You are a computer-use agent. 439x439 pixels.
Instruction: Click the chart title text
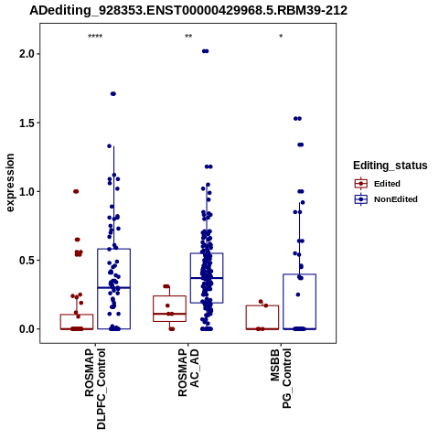(x=188, y=10)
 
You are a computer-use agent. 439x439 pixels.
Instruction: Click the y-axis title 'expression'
(x=10, y=183)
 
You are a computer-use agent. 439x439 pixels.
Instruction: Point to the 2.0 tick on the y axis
(x=26, y=54)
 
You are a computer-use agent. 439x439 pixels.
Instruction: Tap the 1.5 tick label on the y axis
(x=26, y=123)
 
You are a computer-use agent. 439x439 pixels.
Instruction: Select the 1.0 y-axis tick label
(x=26, y=191)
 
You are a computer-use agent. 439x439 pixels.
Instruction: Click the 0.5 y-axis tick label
(x=26, y=261)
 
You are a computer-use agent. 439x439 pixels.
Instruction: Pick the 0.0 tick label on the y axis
(x=26, y=329)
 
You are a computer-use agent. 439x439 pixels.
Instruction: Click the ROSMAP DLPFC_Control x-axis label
(x=95, y=389)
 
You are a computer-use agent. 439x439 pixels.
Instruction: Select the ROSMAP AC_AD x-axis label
(x=188, y=373)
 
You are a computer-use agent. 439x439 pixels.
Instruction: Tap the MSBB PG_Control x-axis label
(x=281, y=379)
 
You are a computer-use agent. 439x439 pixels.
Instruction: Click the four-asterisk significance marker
(x=95, y=37)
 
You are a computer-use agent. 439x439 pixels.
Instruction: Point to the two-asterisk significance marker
(x=188, y=37)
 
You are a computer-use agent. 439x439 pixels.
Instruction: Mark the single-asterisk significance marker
(x=281, y=37)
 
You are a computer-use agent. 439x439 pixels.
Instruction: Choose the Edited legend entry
(x=378, y=184)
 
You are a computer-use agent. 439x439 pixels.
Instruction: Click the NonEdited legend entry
(x=386, y=199)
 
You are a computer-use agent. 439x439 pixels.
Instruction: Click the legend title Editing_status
(x=391, y=166)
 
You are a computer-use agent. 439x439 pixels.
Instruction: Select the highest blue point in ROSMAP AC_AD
(x=206, y=51)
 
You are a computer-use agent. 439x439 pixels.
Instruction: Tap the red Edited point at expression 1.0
(x=76, y=191)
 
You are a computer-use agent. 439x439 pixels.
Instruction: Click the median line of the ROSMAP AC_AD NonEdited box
(x=207, y=278)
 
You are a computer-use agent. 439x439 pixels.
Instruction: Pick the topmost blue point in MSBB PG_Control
(x=297, y=119)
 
